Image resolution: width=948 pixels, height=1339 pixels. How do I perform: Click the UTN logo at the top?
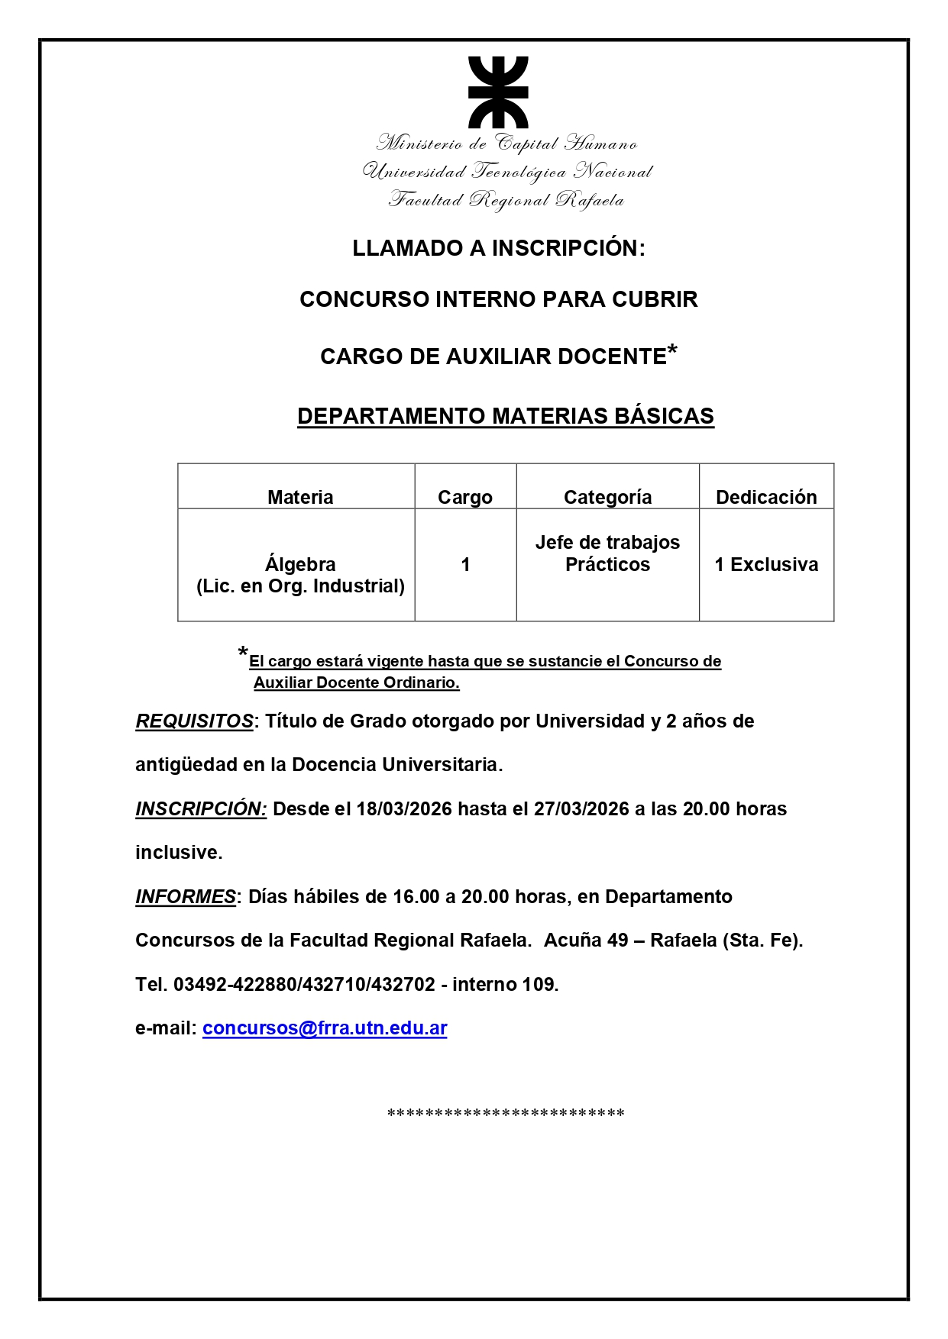(x=498, y=92)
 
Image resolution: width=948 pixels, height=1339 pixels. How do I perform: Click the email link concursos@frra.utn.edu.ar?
(x=325, y=1028)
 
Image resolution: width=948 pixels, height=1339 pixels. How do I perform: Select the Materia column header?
(x=300, y=497)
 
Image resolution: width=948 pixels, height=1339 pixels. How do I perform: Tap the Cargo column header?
(x=464, y=497)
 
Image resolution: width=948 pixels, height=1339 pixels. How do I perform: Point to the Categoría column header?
(x=607, y=497)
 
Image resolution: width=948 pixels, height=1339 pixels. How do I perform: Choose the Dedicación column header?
(x=766, y=497)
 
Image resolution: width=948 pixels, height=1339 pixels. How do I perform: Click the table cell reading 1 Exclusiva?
(x=766, y=564)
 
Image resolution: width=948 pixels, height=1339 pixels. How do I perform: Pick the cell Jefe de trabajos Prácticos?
(x=607, y=553)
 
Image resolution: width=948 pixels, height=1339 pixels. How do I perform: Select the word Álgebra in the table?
(x=300, y=564)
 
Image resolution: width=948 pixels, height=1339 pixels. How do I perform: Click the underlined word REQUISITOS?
(x=194, y=721)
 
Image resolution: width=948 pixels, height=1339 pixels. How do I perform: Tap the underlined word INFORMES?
(x=186, y=896)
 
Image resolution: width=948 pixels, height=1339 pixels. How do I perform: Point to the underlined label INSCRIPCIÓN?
(x=201, y=809)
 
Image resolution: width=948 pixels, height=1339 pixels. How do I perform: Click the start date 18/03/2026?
(x=404, y=809)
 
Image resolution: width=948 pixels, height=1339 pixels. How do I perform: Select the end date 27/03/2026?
(x=581, y=809)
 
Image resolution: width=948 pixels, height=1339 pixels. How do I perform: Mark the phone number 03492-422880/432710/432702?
(x=304, y=984)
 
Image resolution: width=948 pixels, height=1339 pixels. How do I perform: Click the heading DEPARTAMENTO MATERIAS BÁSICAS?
(x=506, y=416)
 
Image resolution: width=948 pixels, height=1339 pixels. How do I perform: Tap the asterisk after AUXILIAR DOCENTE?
(x=672, y=351)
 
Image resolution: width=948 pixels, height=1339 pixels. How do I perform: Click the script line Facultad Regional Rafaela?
(x=506, y=200)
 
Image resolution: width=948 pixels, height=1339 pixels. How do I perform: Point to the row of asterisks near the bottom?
(x=506, y=1113)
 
